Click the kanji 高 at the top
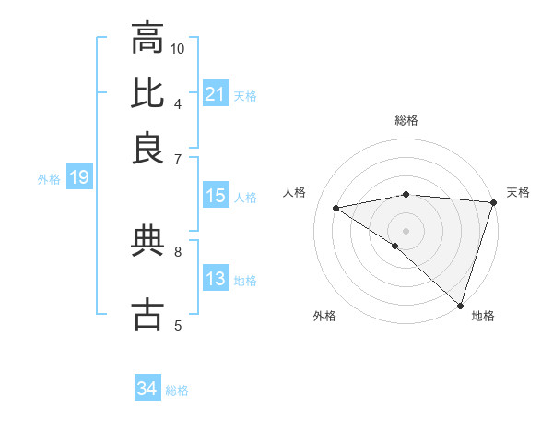coord(147,40)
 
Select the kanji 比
coord(147,93)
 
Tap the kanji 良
coord(147,147)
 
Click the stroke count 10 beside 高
coord(178,48)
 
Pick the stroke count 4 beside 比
coord(178,102)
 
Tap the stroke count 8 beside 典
coord(178,250)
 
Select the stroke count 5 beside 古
coord(178,324)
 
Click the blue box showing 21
coord(215,94)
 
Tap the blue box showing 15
coord(215,196)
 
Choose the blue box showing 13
coord(215,279)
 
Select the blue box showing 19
coord(78,177)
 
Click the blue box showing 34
coord(147,389)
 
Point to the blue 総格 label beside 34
coord(177,391)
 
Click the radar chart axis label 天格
coord(518,192)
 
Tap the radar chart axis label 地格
coord(483,316)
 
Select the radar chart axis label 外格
coord(324,316)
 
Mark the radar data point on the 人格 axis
coord(336,208)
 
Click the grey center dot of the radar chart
coord(406,229)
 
